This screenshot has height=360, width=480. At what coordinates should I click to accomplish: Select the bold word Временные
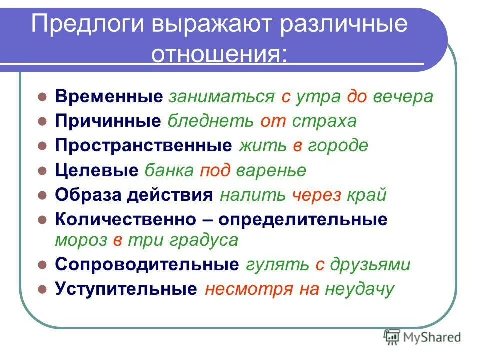tap(109, 96)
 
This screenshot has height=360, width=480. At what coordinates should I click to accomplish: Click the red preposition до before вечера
tap(357, 96)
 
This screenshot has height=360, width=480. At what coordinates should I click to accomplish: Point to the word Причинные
tap(108, 121)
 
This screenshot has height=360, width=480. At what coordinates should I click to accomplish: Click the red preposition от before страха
tap(270, 121)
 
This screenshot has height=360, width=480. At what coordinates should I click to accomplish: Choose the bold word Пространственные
tap(144, 145)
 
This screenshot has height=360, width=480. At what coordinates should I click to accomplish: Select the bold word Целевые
tap(97, 170)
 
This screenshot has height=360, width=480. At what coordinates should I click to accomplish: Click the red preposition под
tap(215, 170)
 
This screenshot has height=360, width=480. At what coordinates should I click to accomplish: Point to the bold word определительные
tap(302, 219)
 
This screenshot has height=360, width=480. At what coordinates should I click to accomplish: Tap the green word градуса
tap(204, 240)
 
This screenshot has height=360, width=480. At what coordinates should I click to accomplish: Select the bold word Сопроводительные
tap(147, 264)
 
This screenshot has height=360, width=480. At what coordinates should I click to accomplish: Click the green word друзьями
tap(370, 264)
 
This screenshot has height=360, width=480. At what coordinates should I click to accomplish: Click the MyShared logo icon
tap(392, 337)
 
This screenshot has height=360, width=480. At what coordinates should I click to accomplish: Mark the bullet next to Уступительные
tap(43, 289)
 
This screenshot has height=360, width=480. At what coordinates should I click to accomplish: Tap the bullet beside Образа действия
tap(43, 195)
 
